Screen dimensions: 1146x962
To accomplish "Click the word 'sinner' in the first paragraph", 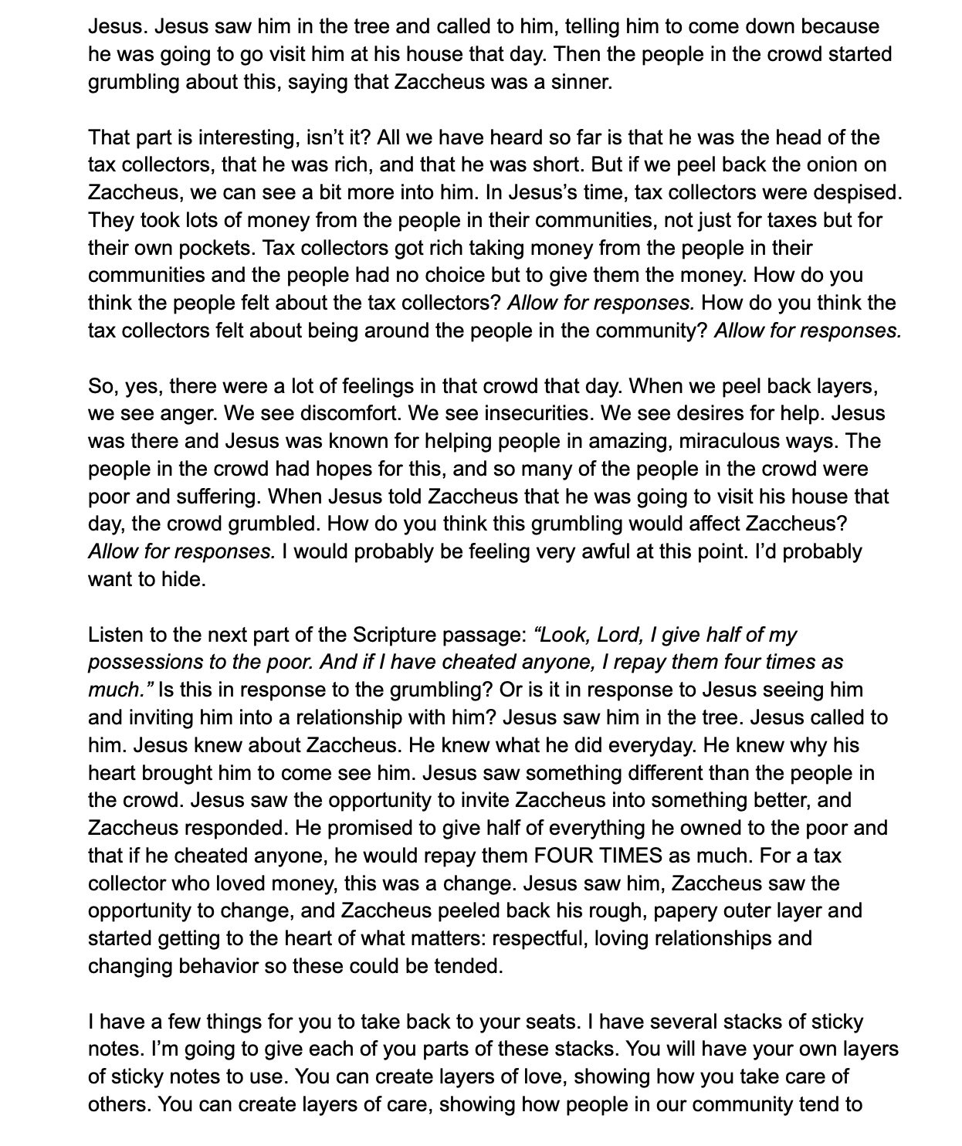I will [580, 82].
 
